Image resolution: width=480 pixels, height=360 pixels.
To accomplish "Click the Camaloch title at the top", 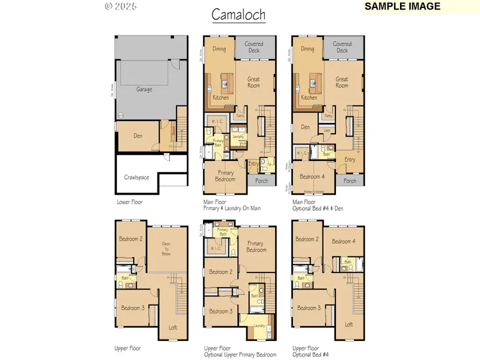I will click(x=238, y=14).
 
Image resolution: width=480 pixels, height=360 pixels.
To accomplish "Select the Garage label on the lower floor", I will click(x=144, y=90).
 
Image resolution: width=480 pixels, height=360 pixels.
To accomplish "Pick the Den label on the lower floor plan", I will click(x=138, y=136).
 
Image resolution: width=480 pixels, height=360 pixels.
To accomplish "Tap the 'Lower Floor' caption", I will click(x=129, y=203).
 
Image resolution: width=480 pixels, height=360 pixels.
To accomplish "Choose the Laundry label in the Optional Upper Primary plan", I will click(x=260, y=325).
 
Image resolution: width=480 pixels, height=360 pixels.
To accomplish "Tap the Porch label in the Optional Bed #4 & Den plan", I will click(x=350, y=181).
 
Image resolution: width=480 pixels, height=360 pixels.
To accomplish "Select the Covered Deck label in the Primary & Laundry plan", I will click(x=254, y=47).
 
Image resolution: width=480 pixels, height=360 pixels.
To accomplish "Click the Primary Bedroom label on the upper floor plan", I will click(x=256, y=246).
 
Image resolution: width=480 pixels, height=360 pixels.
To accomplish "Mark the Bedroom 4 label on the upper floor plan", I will click(x=342, y=242).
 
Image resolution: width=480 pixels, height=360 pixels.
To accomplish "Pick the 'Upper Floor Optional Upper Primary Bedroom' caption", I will click(x=239, y=351).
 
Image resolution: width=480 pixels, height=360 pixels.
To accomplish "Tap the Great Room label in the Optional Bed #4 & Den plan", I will click(x=342, y=82).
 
